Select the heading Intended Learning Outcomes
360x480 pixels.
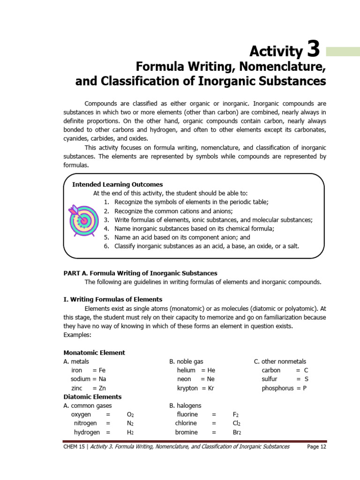pos(117,184)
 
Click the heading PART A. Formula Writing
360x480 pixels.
pos(140,273)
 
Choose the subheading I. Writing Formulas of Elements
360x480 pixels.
pos(112,299)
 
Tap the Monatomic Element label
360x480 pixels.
pos(94,352)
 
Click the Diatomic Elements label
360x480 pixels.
pos(92,397)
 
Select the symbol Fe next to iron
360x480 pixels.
pos(102,370)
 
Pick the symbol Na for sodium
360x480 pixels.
pos(103,379)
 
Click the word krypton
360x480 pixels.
pos(187,388)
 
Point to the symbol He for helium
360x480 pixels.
pos(211,370)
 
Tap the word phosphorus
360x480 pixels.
pos(277,388)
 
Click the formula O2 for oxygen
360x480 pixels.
pos(130,415)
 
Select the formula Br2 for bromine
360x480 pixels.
pos(237,432)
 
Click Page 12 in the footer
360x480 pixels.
pos(316,447)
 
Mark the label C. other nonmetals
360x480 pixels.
pos(280,361)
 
